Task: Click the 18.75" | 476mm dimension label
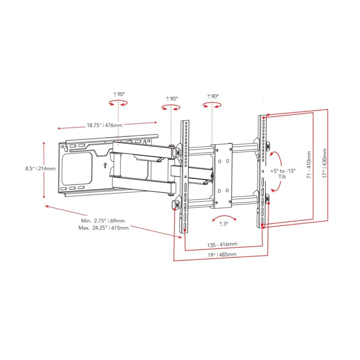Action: click(x=104, y=125)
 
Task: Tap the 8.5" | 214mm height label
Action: click(x=40, y=169)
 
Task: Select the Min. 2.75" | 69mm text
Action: click(x=103, y=220)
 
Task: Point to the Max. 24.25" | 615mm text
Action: click(x=103, y=228)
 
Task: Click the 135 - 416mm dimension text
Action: click(x=222, y=244)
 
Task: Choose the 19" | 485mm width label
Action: click(x=222, y=255)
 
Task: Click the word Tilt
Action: click(x=282, y=176)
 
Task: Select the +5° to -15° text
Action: click(x=283, y=171)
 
